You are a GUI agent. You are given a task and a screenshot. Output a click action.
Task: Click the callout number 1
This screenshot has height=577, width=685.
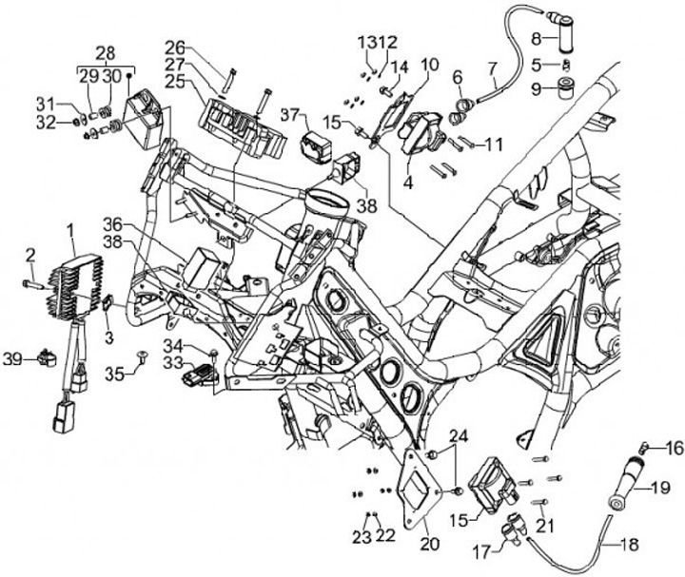[x=69, y=230]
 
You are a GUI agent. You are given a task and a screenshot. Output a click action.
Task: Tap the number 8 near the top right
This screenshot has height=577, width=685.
[x=536, y=39]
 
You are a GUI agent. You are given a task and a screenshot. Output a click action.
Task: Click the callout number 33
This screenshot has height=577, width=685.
[x=172, y=362]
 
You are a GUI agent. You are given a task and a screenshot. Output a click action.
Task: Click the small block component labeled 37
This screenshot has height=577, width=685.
[x=317, y=145]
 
